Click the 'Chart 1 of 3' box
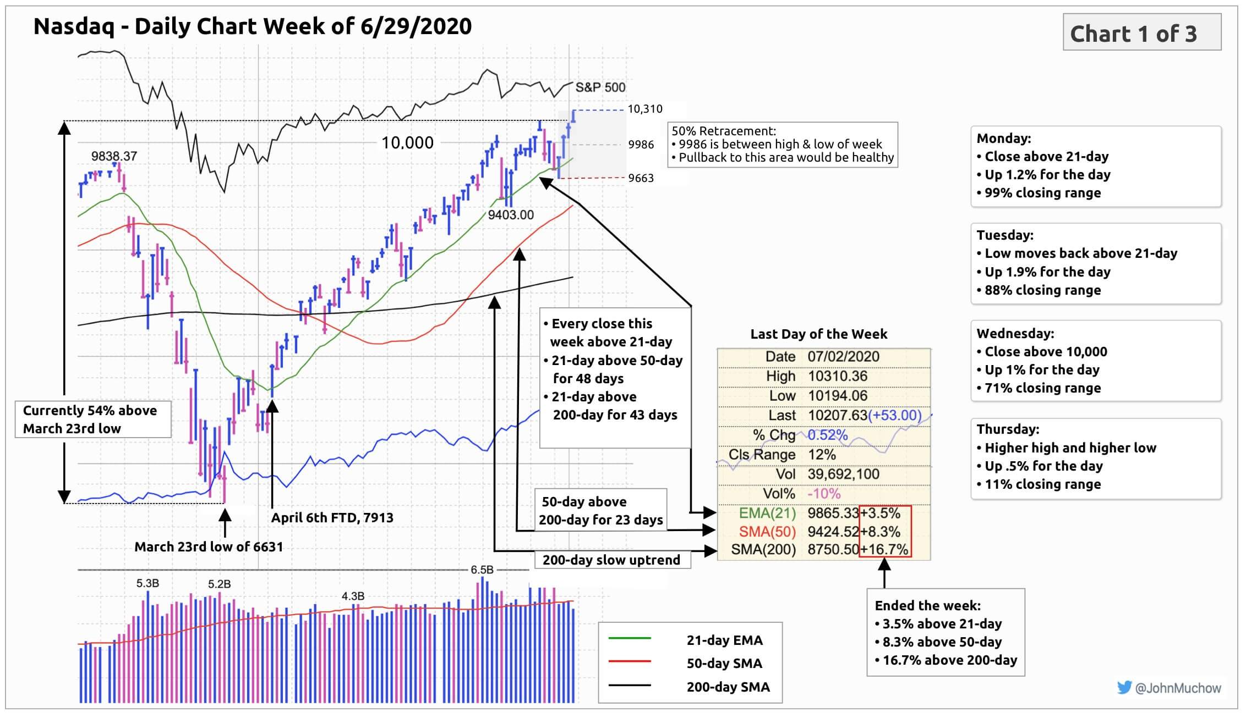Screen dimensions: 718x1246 1141,33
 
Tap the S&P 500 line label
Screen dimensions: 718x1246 600,87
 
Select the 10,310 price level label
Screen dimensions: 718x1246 645,109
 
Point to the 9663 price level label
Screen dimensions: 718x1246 641,178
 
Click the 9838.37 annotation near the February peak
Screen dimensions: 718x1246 114,156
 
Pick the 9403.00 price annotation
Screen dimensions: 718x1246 511,215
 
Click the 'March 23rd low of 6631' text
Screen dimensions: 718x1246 209,546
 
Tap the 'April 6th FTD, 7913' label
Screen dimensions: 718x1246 332,517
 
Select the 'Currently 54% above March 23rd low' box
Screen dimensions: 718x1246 92,419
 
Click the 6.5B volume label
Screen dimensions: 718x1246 482,570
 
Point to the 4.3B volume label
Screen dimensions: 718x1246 353,596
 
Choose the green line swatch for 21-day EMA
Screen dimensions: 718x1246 630,639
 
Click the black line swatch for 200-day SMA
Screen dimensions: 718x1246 630,686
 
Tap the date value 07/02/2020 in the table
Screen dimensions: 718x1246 843,356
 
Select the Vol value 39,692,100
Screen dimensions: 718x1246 843,474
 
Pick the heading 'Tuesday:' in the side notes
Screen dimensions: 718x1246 1005,235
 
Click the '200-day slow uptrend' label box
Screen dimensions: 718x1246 612,560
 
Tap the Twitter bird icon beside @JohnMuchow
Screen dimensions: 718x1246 1124,687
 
